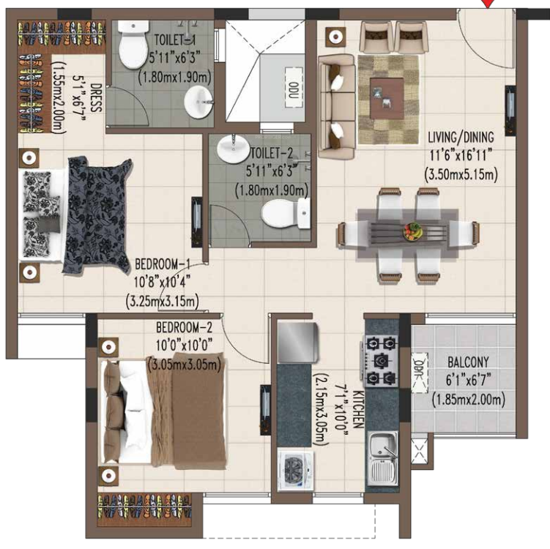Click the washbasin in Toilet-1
(x=197, y=102)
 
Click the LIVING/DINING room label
(x=461, y=135)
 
